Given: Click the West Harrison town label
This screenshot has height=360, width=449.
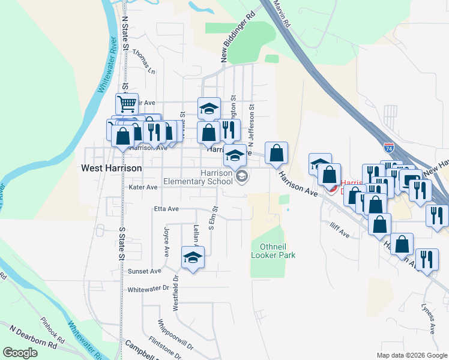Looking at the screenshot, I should click(x=111, y=169).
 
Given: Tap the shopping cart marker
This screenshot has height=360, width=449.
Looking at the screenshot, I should click(x=127, y=104).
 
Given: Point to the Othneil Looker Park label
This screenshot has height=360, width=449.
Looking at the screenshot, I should click(x=278, y=251).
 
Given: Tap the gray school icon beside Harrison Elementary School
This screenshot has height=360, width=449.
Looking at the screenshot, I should click(x=242, y=176).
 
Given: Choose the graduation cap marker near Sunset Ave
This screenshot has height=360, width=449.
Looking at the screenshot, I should click(x=193, y=258).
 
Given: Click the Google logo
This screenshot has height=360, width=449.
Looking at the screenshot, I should click(x=20, y=353).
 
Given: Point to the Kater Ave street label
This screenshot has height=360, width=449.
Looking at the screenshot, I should click(x=143, y=187).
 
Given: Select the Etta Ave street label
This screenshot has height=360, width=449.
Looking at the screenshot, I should click(x=166, y=209).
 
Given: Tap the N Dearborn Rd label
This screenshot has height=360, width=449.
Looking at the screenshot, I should click(x=33, y=337).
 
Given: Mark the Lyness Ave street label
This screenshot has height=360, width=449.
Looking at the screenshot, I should click(x=427, y=320).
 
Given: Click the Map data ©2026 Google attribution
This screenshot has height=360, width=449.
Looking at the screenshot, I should click(x=411, y=355).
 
